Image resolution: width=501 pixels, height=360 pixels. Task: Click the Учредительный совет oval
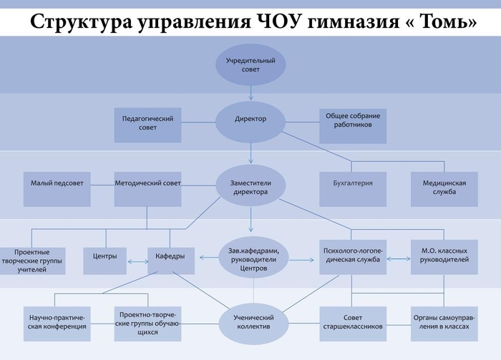(x=250, y=65)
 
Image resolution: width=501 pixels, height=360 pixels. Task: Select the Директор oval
(x=250, y=122)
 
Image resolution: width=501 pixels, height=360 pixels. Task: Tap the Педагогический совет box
(x=147, y=125)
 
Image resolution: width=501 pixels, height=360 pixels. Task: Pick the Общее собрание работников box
(x=353, y=126)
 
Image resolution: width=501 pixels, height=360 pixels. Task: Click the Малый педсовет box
(x=57, y=189)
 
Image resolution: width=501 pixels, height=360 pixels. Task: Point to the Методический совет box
(x=147, y=189)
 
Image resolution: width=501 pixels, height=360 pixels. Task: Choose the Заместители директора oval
(x=250, y=185)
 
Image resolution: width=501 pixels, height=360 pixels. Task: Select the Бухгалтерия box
(x=353, y=189)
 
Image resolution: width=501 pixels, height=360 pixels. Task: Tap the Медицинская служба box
(x=444, y=189)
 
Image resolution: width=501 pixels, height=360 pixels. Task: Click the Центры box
(x=104, y=261)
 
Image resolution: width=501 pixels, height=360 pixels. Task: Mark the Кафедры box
(x=171, y=261)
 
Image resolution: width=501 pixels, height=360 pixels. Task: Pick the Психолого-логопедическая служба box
(x=353, y=257)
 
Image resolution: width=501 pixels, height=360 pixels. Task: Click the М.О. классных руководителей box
(x=444, y=257)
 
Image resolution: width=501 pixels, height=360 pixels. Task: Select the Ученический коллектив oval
(x=253, y=323)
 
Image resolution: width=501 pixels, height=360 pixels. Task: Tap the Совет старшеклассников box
(x=353, y=324)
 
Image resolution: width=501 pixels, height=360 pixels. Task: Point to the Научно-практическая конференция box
(x=57, y=324)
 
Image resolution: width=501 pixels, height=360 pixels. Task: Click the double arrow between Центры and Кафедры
(x=138, y=262)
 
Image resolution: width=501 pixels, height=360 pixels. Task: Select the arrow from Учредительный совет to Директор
(x=250, y=93)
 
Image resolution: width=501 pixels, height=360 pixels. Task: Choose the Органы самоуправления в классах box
(x=444, y=324)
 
